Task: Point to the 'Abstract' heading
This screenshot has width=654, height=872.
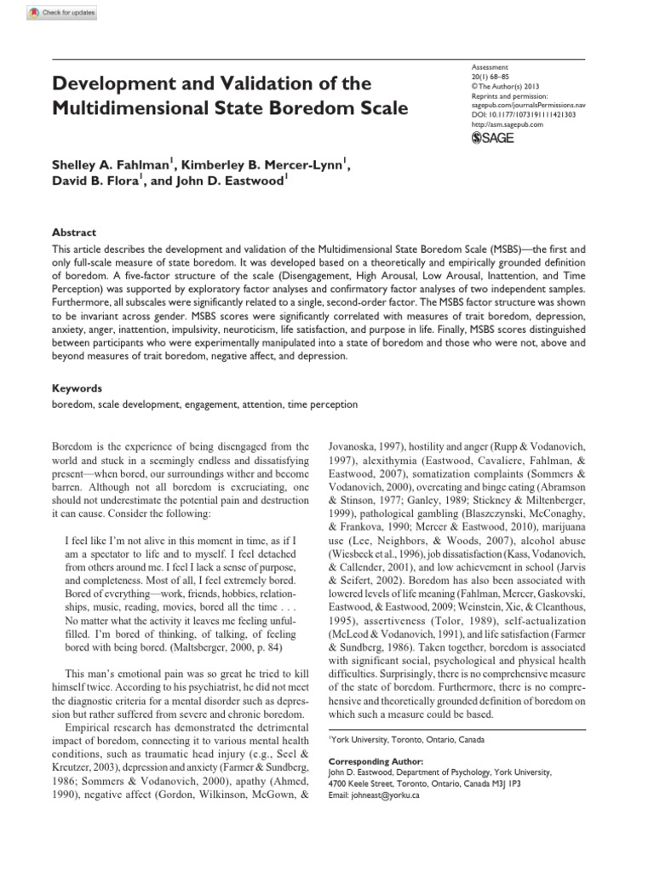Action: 74,232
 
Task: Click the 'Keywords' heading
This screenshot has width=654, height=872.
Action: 77,387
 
